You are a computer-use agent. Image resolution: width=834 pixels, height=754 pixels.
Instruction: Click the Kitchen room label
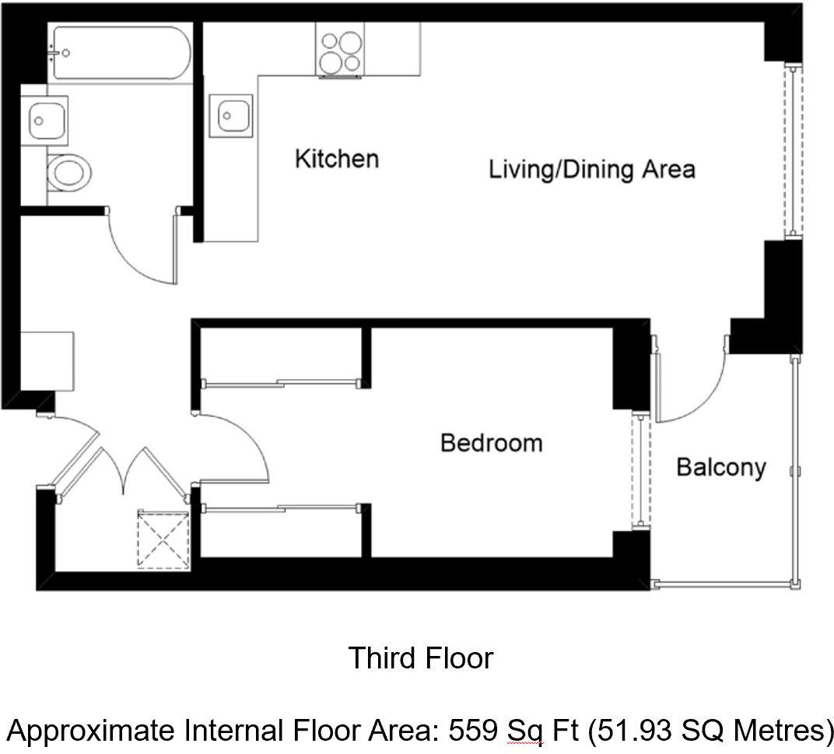[x=337, y=159]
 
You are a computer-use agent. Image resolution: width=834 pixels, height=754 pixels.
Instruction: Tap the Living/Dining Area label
[x=592, y=170]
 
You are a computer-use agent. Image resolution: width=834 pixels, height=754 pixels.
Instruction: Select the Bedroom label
[x=492, y=444]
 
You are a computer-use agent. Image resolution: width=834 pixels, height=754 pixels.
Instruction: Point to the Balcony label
[x=721, y=468]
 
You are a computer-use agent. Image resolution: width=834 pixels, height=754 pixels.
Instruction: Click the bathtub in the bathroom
[x=121, y=53]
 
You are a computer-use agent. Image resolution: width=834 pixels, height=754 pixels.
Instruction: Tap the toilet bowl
[x=69, y=173]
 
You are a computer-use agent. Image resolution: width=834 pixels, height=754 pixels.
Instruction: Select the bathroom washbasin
[x=44, y=121]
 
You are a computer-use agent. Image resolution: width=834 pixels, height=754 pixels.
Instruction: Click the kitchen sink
[x=231, y=115]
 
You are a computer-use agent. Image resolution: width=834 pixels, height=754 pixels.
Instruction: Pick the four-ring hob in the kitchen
[x=341, y=50]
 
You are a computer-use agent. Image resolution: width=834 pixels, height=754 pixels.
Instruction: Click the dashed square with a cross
[x=163, y=539]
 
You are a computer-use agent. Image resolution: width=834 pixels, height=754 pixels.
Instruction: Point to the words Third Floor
[x=421, y=658]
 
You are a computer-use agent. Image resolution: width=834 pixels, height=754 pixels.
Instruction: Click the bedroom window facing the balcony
[x=641, y=471]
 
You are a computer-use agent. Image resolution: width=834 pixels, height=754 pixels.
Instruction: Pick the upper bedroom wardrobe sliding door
[x=282, y=383]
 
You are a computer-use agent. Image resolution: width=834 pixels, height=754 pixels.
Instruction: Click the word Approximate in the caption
[x=91, y=731]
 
